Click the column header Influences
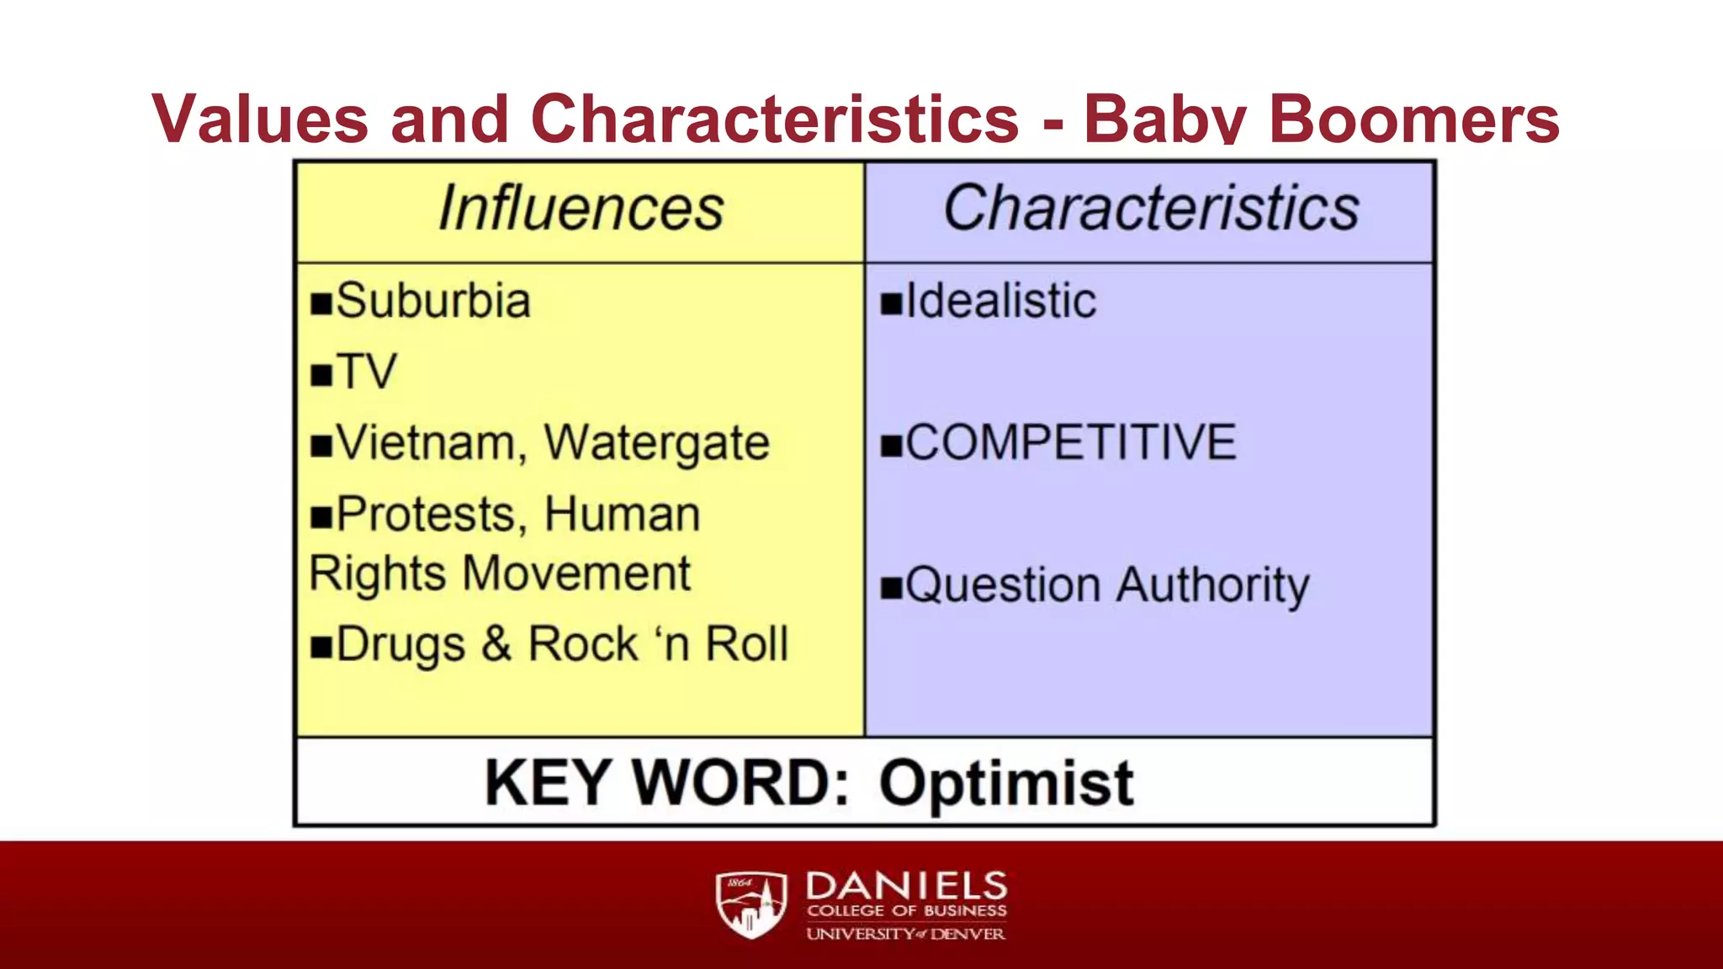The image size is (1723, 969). [581, 209]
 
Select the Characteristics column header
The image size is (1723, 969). [1151, 209]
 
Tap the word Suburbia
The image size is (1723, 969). [433, 301]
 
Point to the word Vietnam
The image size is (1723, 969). [426, 443]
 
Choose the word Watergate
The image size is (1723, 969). [656, 443]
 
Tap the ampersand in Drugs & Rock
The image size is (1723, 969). [496, 644]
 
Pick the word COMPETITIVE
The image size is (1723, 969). [1071, 442]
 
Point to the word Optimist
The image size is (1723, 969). [1006, 784]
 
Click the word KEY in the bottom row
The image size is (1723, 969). [547, 784]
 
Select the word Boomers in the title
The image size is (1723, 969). [1413, 119]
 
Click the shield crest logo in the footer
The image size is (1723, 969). [750, 905]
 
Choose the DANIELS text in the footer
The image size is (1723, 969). [906, 886]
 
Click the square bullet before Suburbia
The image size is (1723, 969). [321, 304]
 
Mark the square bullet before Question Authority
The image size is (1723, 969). [891, 587]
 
